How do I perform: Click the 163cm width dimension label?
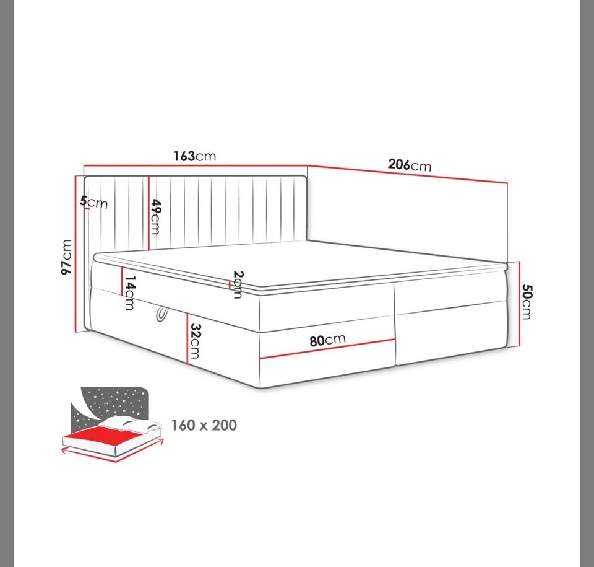pos(195,156)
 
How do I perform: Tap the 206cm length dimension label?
pos(410,165)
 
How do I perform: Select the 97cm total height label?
pos(66,257)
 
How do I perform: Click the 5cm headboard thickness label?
pos(94,202)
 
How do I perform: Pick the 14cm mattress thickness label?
pos(130,292)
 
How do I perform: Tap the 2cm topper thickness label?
pos(238,284)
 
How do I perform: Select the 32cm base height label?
pos(195,341)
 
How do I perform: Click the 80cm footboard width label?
pos(328,340)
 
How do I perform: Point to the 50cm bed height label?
pos(526,302)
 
